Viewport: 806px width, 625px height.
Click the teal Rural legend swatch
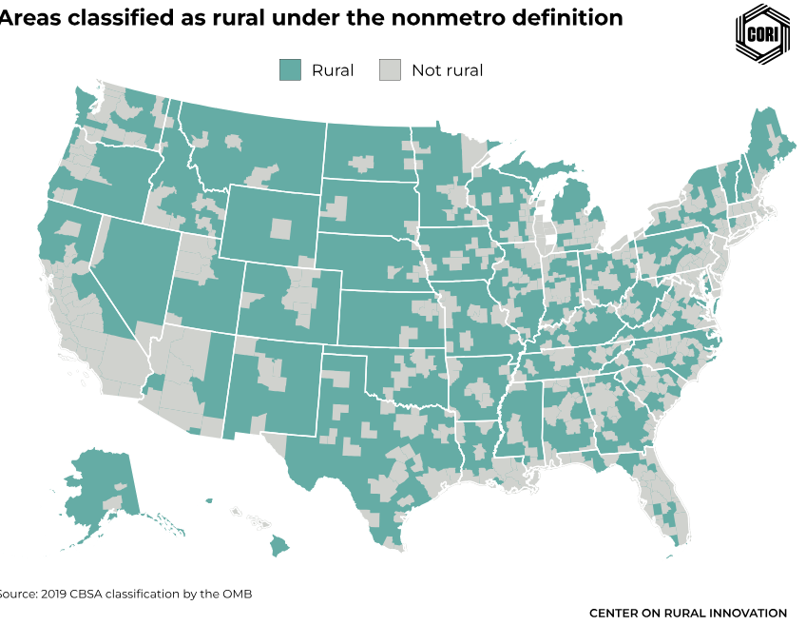coord(290,69)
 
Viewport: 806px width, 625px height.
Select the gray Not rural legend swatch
coord(390,69)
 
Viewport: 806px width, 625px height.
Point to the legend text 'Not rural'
coord(447,70)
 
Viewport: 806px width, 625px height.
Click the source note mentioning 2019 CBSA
coord(124,594)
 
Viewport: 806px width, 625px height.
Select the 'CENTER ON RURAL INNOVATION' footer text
coord(688,613)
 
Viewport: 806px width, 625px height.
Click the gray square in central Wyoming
coord(280,228)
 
